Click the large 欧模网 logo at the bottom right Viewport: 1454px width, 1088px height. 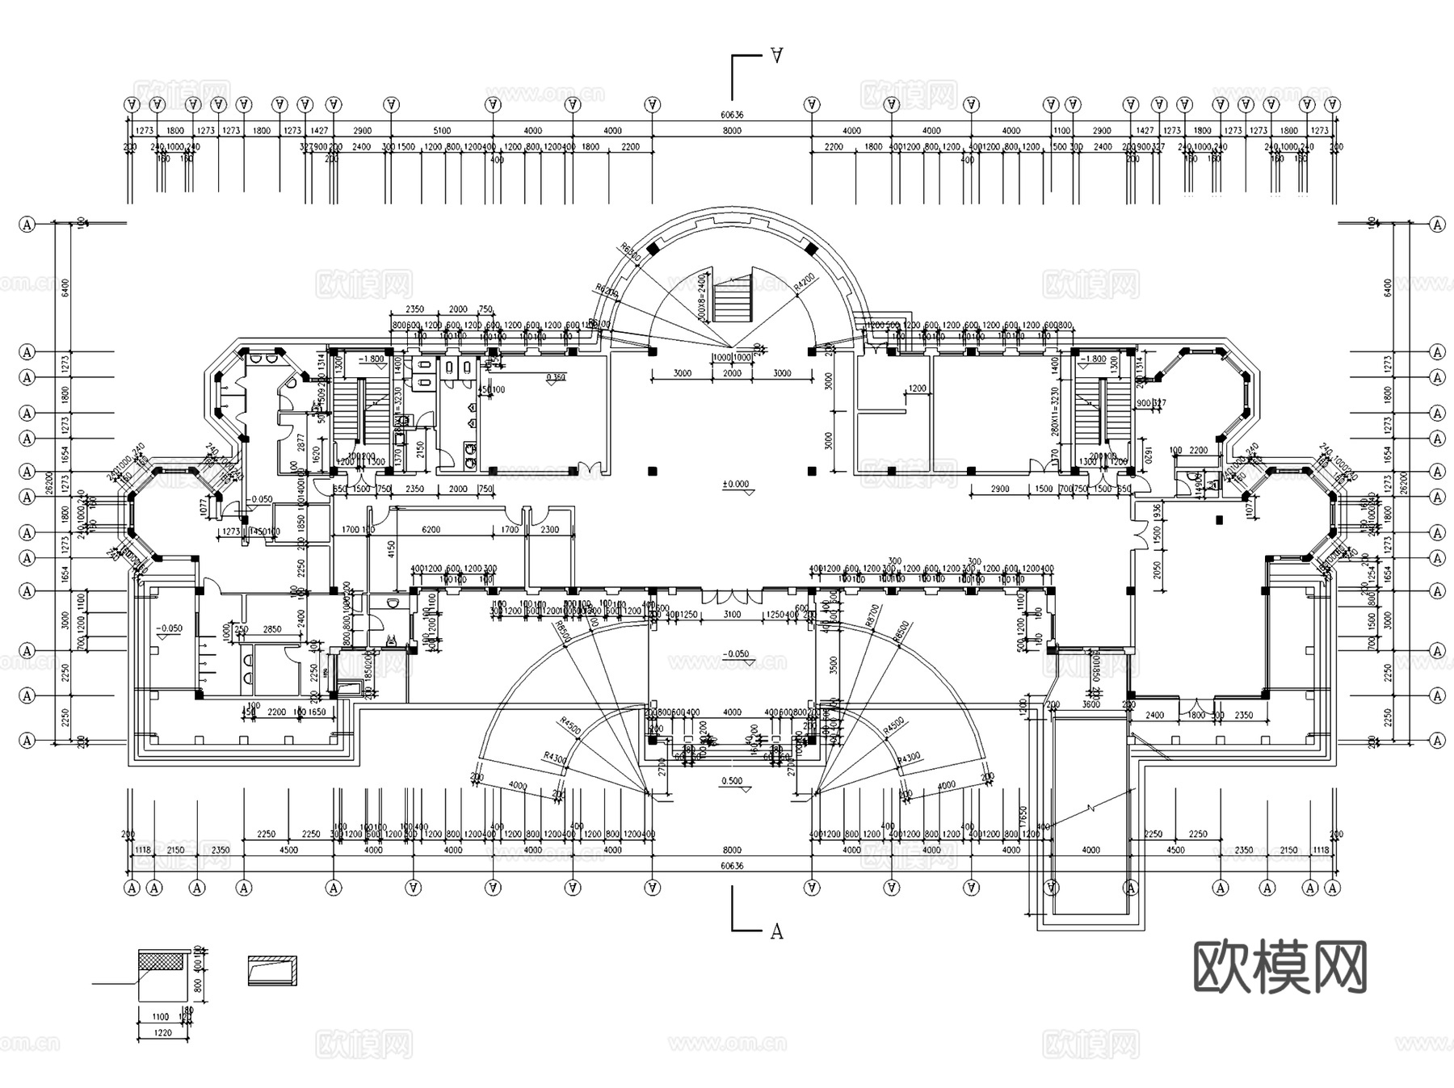coord(1280,967)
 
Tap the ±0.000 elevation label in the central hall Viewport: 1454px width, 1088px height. coord(735,485)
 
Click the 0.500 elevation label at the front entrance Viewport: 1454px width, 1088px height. coord(731,781)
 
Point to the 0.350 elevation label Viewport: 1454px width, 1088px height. coord(556,377)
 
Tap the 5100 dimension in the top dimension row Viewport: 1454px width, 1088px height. coord(442,131)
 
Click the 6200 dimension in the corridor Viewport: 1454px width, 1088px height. coord(431,530)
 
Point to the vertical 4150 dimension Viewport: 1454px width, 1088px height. coord(390,550)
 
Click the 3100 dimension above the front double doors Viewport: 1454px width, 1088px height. coord(732,615)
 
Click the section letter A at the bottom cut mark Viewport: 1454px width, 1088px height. coord(776,931)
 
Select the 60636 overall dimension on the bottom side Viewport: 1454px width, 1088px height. coord(732,866)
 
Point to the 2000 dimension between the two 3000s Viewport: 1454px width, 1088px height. coord(732,373)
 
